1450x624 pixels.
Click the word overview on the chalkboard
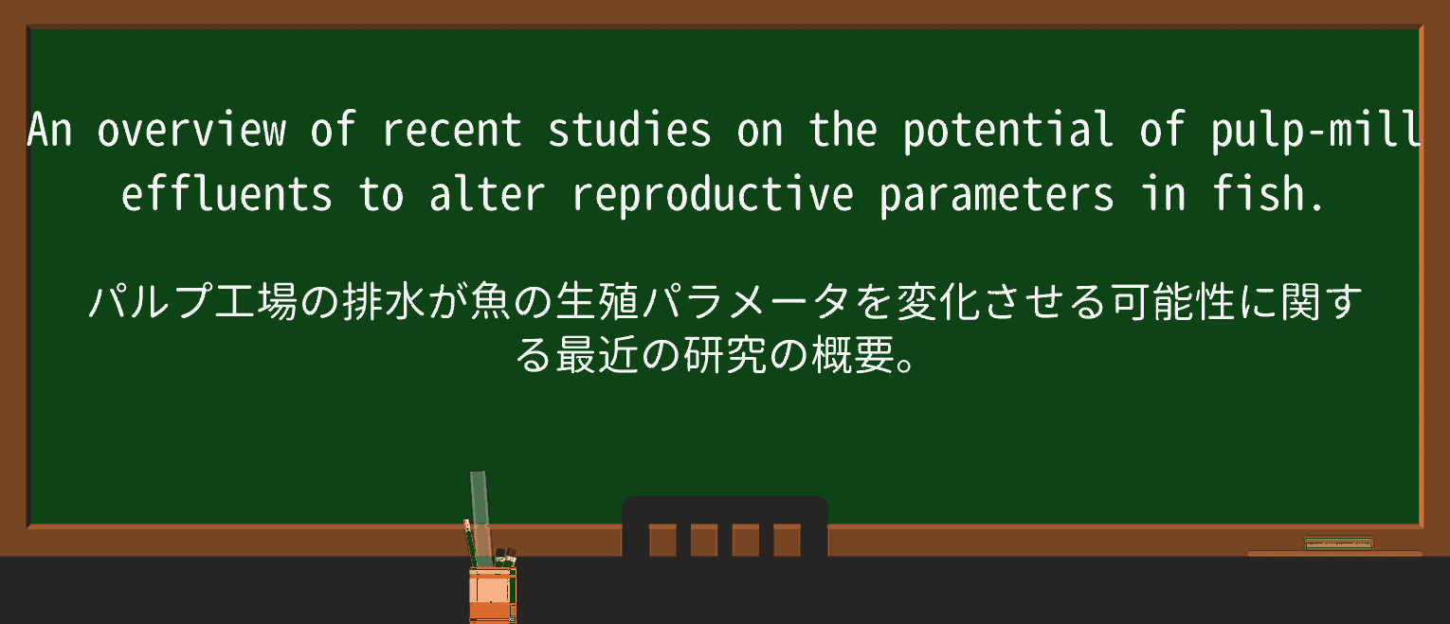pos(191,130)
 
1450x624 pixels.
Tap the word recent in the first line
pos(452,130)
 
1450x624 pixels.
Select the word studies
pos(629,130)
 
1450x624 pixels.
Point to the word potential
pos(1007,131)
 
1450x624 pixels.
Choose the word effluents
pos(227,193)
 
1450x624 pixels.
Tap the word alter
pos(487,193)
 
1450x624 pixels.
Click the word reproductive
pos(713,195)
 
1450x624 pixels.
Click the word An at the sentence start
pos(50,130)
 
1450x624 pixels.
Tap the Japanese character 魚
pos(491,301)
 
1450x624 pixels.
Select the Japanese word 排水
pos(384,301)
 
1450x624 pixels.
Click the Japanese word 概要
pos(854,355)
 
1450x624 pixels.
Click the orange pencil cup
pos(493,595)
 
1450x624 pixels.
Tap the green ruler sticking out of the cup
pos(480,517)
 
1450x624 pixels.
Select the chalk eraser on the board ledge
pos(1339,544)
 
